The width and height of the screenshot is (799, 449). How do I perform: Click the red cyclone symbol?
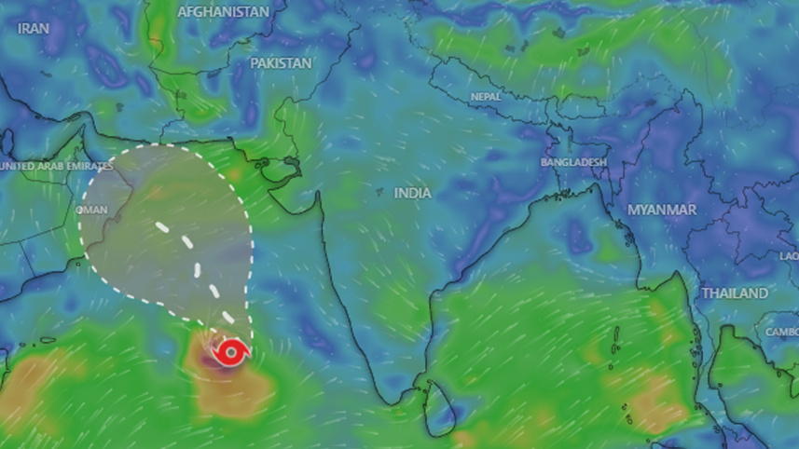coord(230,352)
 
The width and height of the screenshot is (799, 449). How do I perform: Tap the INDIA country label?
coord(412,193)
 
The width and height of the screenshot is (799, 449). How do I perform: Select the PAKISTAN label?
coord(281,62)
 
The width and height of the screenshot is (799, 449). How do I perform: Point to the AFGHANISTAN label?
coord(223,12)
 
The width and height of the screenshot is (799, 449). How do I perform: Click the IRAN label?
coord(33,29)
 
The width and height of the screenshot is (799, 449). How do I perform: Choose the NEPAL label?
coord(486,96)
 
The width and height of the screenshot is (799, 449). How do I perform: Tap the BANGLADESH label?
coord(573,162)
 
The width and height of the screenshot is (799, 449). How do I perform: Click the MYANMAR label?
coord(661,210)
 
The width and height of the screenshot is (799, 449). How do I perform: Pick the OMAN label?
coord(91,210)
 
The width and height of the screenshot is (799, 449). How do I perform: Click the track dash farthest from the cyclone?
coord(162,226)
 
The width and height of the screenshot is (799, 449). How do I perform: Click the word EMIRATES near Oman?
coord(85,166)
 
